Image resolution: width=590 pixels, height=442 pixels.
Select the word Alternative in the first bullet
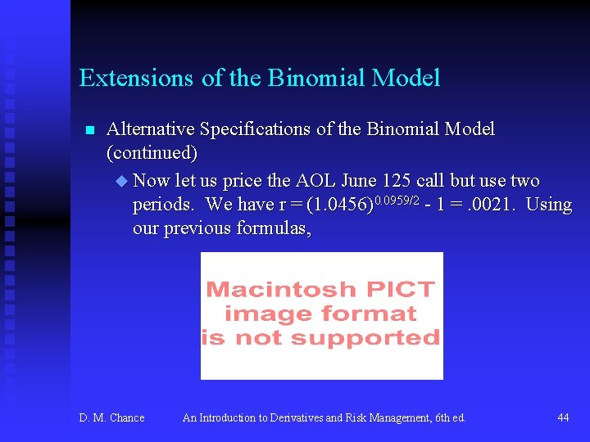point(151,129)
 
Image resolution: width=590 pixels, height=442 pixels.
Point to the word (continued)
point(152,153)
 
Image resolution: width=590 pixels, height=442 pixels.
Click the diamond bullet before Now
point(123,180)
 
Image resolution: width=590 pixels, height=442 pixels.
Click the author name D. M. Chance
point(111,418)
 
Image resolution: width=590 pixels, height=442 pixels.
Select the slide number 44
point(563,418)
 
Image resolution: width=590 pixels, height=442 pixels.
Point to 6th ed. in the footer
point(447,418)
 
